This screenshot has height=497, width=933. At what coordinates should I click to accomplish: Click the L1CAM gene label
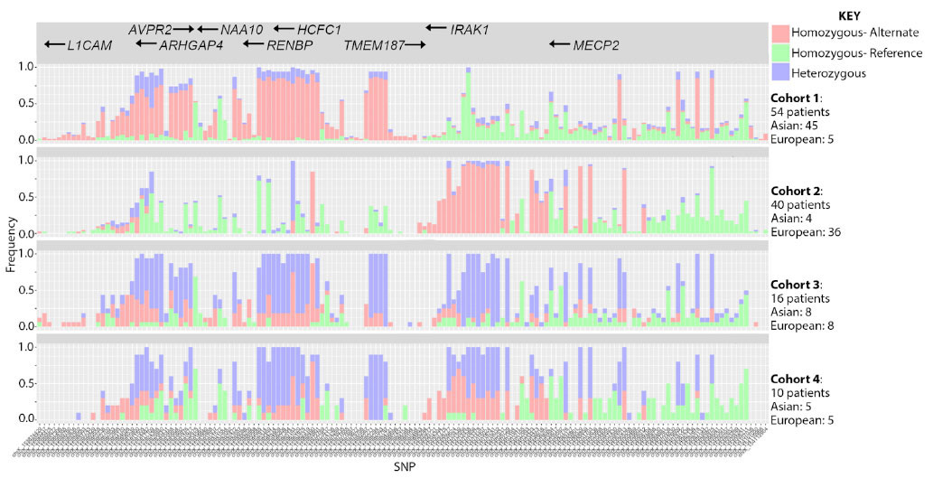point(89,44)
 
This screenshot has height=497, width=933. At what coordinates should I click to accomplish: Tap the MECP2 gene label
point(596,44)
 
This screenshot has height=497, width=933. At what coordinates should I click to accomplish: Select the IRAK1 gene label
point(469,29)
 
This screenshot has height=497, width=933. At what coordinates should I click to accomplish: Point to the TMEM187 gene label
point(373,44)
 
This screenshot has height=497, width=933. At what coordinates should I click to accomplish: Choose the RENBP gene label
point(289,44)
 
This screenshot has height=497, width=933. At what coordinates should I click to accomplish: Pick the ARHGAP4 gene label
point(191,44)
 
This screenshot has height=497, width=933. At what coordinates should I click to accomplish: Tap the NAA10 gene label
point(241,29)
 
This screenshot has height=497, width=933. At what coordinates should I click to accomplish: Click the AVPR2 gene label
point(149,29)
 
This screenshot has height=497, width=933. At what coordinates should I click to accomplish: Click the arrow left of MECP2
point(560,44)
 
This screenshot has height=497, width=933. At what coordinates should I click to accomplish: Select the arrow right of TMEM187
point(415,44)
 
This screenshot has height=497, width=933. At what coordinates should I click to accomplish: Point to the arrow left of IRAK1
point(436,29)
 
